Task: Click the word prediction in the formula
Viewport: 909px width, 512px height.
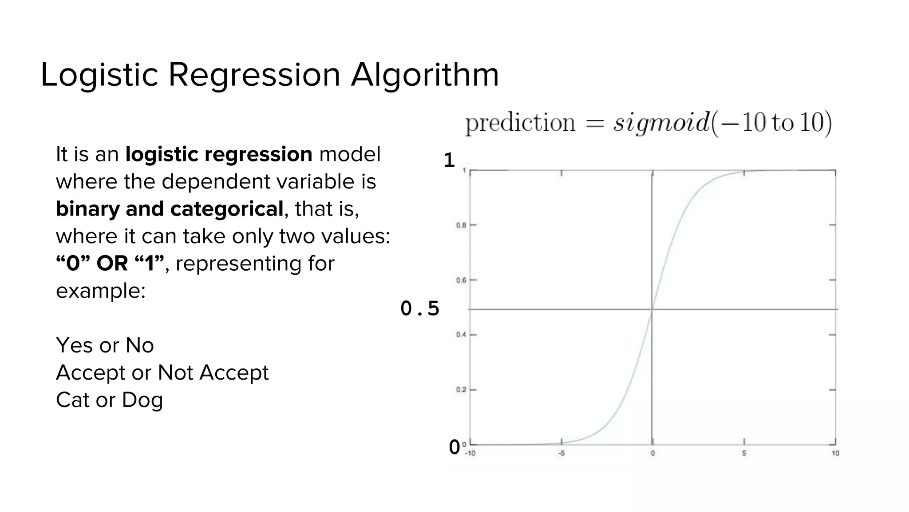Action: (x=520, y=123)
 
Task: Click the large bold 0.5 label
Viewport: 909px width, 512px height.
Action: (x=419, y=308)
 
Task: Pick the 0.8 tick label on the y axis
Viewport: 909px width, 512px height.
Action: (x=461, y=225)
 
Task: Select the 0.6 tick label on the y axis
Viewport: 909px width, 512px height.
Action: (x=461, y=280)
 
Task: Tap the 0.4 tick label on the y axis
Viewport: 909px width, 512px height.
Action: (x=461, y=335)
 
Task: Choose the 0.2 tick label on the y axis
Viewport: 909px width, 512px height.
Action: (x=461, y=390)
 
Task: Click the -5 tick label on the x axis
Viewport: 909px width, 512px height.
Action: (x=561, y=454)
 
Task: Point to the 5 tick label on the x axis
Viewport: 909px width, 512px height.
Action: (x=744, y=454)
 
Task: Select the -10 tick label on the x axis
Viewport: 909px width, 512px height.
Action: (x=470, y=454)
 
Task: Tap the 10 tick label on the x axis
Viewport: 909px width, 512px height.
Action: (x=835, y=454)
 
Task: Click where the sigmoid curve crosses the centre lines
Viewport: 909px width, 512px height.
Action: (x=652, y=309)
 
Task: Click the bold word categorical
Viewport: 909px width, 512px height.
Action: (x=226, y=209)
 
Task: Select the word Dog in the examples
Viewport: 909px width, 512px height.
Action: (x=142, y=400)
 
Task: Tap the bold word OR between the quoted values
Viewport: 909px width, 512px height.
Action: (x=112, y=264)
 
